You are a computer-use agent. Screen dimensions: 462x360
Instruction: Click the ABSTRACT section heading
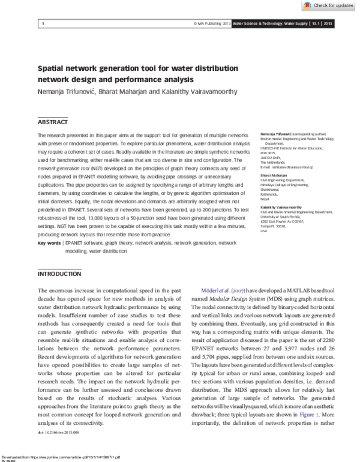coord(53,121)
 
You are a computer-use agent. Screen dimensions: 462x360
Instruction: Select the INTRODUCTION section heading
coord(59,274)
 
